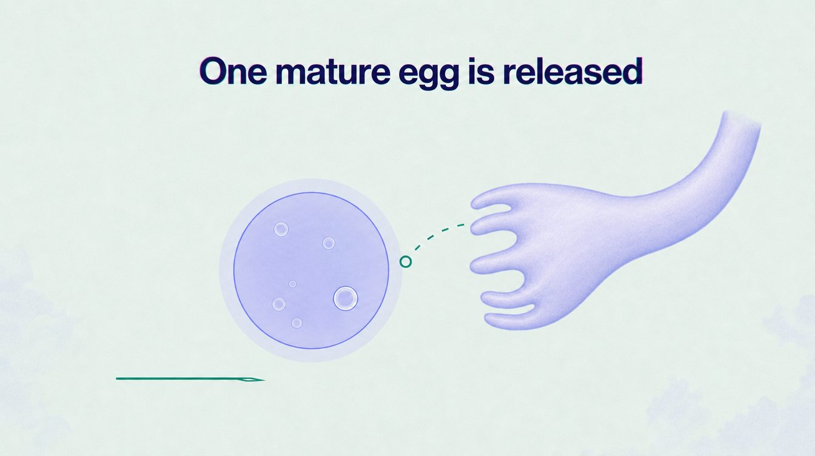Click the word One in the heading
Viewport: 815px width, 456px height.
click(x=233, y=71)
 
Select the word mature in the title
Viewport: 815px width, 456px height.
click(x=333, y=72)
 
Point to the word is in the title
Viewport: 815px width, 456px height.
click(x=481, y=71)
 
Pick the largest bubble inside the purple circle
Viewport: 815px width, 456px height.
click(x=345, y=298)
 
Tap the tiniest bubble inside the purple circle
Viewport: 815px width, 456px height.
click(x=292, y=284)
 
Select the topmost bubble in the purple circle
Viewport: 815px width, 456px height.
click(x=281, y=229)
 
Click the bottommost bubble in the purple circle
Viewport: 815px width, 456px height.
click(x=297, y=323)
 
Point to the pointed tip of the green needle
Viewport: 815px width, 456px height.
click(x=264, y=380)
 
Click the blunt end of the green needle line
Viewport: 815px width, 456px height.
click(x=116, y=378)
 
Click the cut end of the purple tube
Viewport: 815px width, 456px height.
click(x=742, y=118)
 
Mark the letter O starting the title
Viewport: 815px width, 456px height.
click(x=214, y=71)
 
